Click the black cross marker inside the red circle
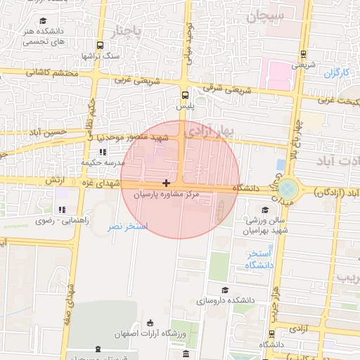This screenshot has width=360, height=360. [x=166, y=183]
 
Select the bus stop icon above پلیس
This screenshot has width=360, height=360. [x=184, y=94]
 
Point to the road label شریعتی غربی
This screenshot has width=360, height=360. [x=148, y=79]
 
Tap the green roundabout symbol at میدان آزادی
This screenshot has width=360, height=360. [x=288, y=188]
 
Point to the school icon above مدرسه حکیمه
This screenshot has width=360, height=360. [x=103, y=151]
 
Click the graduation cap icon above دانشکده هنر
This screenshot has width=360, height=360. [x=44, y=21]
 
